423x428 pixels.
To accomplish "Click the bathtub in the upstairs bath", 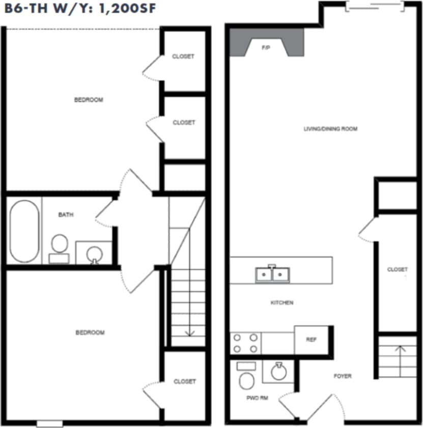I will (24, 231).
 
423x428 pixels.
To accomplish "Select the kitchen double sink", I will (272, 274).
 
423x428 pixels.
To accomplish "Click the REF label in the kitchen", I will (311, 340).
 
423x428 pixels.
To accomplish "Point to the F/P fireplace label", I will (265, 48).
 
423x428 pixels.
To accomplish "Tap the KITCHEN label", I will (281, 303).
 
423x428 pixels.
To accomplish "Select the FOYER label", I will (343, 376).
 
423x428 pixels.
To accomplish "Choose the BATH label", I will (66, 215).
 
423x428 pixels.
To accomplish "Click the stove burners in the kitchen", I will (245, 343).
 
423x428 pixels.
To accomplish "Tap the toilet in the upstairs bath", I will (59, 247).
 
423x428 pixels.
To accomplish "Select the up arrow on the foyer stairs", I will (399, 349).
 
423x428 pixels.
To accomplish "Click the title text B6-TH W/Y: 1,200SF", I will (79, 10).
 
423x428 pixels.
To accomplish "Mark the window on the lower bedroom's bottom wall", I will (50, 423).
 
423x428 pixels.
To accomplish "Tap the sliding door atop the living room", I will (376, 7).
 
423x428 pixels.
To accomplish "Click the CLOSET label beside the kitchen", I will (398, 269).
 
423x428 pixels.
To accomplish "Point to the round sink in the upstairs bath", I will (94, 253).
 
